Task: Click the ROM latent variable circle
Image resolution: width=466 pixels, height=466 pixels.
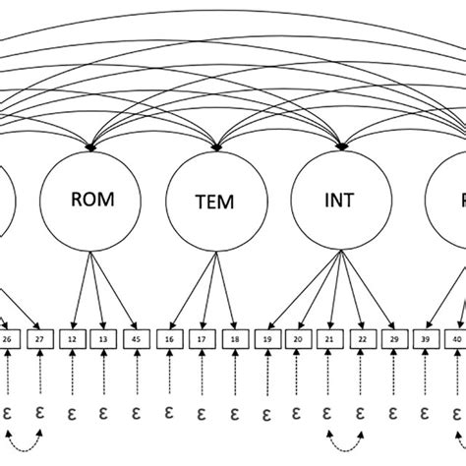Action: point(92,201)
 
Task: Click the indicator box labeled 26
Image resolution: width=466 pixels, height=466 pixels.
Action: point(8,340)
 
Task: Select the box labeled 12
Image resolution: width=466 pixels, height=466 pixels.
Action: point(74,340)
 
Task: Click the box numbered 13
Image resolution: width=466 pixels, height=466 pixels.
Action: point(103,340)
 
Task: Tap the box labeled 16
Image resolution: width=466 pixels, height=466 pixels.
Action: point(169,340)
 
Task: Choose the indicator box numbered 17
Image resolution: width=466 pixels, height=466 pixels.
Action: point(201,340)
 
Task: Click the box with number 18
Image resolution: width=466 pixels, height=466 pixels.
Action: point(233,340)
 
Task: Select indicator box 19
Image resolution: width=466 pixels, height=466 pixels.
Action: point(265,340)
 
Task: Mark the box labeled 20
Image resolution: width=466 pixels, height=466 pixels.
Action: point(296,340)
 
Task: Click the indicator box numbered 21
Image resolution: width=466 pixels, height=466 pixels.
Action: point(328,340)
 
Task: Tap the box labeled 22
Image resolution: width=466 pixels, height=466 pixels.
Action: point(360,340)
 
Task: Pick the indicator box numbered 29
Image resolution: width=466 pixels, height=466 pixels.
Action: point(392,340)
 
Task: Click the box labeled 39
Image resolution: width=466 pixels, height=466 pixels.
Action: point(427,340)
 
